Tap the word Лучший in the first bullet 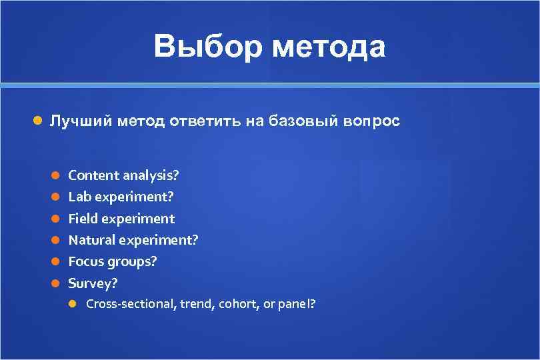(x=81, y=121)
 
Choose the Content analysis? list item (x=123, y=175)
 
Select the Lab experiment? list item (x=121, y=197)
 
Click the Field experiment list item (x=121, y=219)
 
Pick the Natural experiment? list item (x=133, y=240)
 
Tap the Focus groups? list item (x=113, y=261)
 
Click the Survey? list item (x=93, y=283)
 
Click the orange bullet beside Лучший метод (x=38, y=121)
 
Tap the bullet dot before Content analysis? (x=57, y=175)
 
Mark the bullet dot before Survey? (x=57, y=283)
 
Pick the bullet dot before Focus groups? (x=57, y=261)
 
